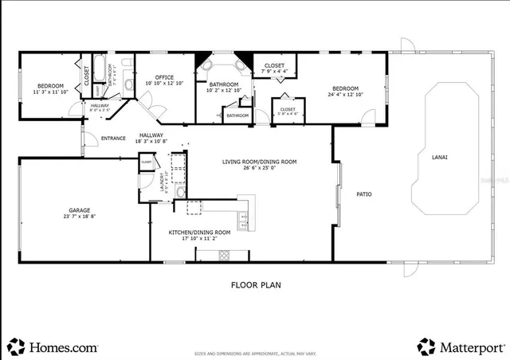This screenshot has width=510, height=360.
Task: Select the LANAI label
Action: (440, 157)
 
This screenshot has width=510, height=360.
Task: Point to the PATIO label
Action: (365, 194)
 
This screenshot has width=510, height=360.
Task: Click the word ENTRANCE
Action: (113, 139)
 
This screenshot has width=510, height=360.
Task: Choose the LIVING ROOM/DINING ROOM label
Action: (259, 162)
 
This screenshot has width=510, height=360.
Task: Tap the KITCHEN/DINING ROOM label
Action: (199, 232)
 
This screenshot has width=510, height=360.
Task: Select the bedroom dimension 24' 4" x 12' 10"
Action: (345, 95)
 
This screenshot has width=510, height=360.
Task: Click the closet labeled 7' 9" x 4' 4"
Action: (275, 72)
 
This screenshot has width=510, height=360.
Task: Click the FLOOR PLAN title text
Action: (255, 284)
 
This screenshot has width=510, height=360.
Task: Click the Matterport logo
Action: (460, 347)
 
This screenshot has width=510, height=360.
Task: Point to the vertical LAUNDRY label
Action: (163, 183)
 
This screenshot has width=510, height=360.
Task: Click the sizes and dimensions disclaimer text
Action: (255, 351)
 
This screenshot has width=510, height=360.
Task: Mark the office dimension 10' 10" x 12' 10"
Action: (163, 83)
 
